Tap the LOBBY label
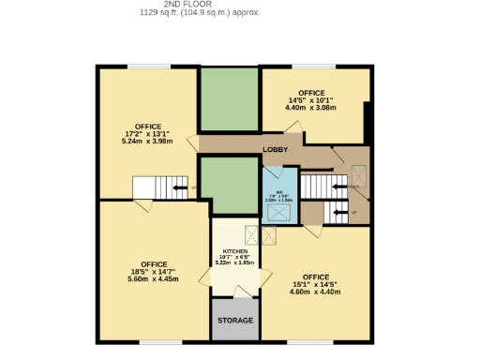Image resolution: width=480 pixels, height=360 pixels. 275,150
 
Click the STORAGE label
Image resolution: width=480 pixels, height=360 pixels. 235,321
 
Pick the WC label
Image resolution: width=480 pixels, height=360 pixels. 278,190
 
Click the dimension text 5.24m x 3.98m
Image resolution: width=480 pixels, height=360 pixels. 148,143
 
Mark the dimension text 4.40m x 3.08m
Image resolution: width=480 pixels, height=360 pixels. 310,108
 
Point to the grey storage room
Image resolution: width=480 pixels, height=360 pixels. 235,320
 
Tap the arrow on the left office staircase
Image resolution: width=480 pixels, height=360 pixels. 177,187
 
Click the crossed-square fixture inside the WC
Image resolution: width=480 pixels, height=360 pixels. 278,212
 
